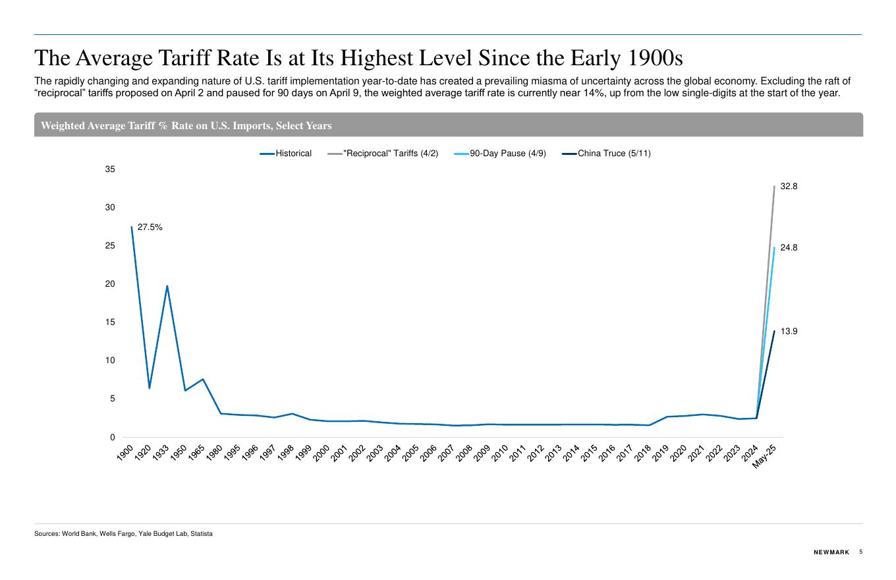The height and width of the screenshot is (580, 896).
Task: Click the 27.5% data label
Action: tap(150, 227)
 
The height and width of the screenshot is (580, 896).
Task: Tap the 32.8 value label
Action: tap(789, 187)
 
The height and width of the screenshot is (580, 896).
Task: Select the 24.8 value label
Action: tap(789, 248)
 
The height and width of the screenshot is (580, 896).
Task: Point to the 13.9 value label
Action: tap(789, 332)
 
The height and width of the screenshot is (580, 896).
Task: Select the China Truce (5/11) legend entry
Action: tap(613, 154)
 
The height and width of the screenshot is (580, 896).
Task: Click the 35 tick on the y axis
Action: tap(110, 169)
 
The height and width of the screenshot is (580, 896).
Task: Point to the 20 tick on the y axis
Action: tap(110, 284)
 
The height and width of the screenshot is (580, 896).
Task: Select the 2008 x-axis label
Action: tap(465, 453)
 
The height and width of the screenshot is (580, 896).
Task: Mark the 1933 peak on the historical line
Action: tap(167, 286)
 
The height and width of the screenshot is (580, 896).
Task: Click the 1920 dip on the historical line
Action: tap(150, 388)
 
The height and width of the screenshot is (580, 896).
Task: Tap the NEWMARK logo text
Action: tap(831, 552)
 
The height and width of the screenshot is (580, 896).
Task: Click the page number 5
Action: tap(860, 552)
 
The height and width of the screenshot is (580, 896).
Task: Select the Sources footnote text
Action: tap(123, 534)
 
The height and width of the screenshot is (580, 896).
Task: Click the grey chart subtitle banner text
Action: tap(186, 126)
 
